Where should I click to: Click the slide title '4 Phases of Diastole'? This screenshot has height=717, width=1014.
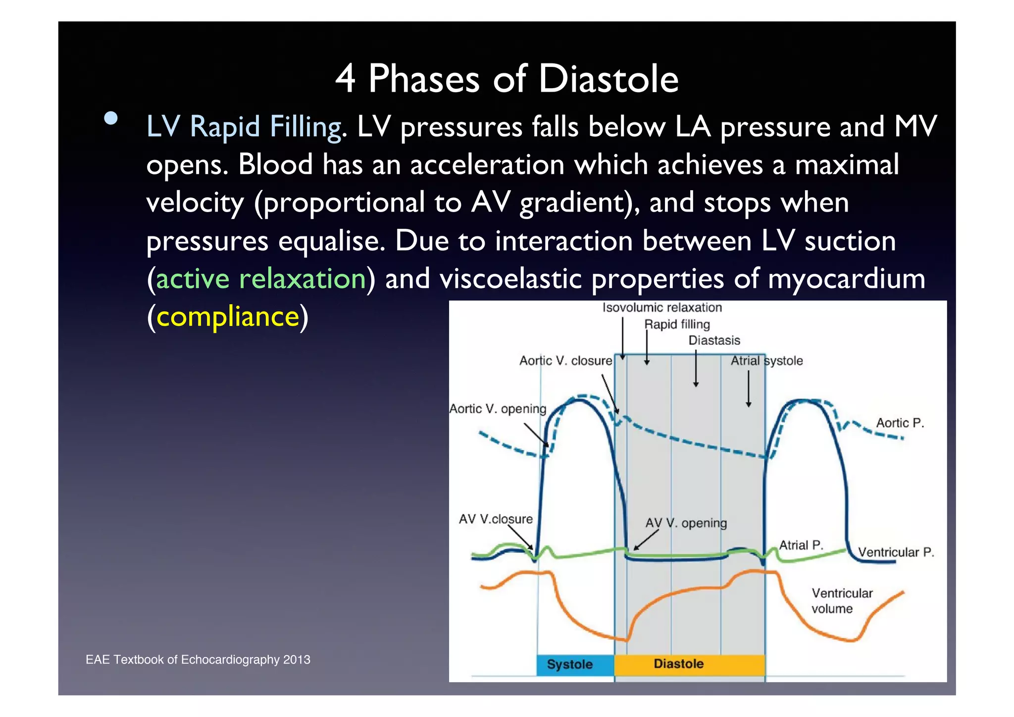[x=507, y=79]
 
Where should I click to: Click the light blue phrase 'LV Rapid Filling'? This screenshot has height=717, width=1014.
[x=244, y=127]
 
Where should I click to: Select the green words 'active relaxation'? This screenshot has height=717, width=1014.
[x=260, y=278]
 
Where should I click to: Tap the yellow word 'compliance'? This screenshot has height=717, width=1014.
[x=228, y=317]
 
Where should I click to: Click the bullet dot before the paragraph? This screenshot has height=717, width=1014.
[x=111, y=118]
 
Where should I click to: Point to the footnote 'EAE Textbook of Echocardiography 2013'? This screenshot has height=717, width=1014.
[x=198, y=660]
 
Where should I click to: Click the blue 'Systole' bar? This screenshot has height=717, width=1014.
[x=570, y=664]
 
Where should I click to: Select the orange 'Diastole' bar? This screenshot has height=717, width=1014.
[x=679, y=664]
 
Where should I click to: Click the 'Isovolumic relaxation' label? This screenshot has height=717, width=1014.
[x=662, y=308]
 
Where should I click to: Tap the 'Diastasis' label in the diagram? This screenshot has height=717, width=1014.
[x=714, y=340]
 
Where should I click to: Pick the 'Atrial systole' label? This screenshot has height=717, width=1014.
[x=766, y=361]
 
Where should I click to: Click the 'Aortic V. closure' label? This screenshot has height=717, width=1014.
[x=565, y=361]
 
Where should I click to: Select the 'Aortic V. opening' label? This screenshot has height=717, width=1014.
[x=498, y=409]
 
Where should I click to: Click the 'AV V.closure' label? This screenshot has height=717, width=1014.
[x=496, y=519]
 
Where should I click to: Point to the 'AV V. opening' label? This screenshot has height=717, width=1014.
[x=686, y=523]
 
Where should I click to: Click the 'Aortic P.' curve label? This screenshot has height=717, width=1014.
[x=900, y=423]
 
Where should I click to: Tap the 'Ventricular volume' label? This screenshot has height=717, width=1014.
[x=841, y=601]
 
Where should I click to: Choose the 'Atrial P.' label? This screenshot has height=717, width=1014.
[x=801, y=545]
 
